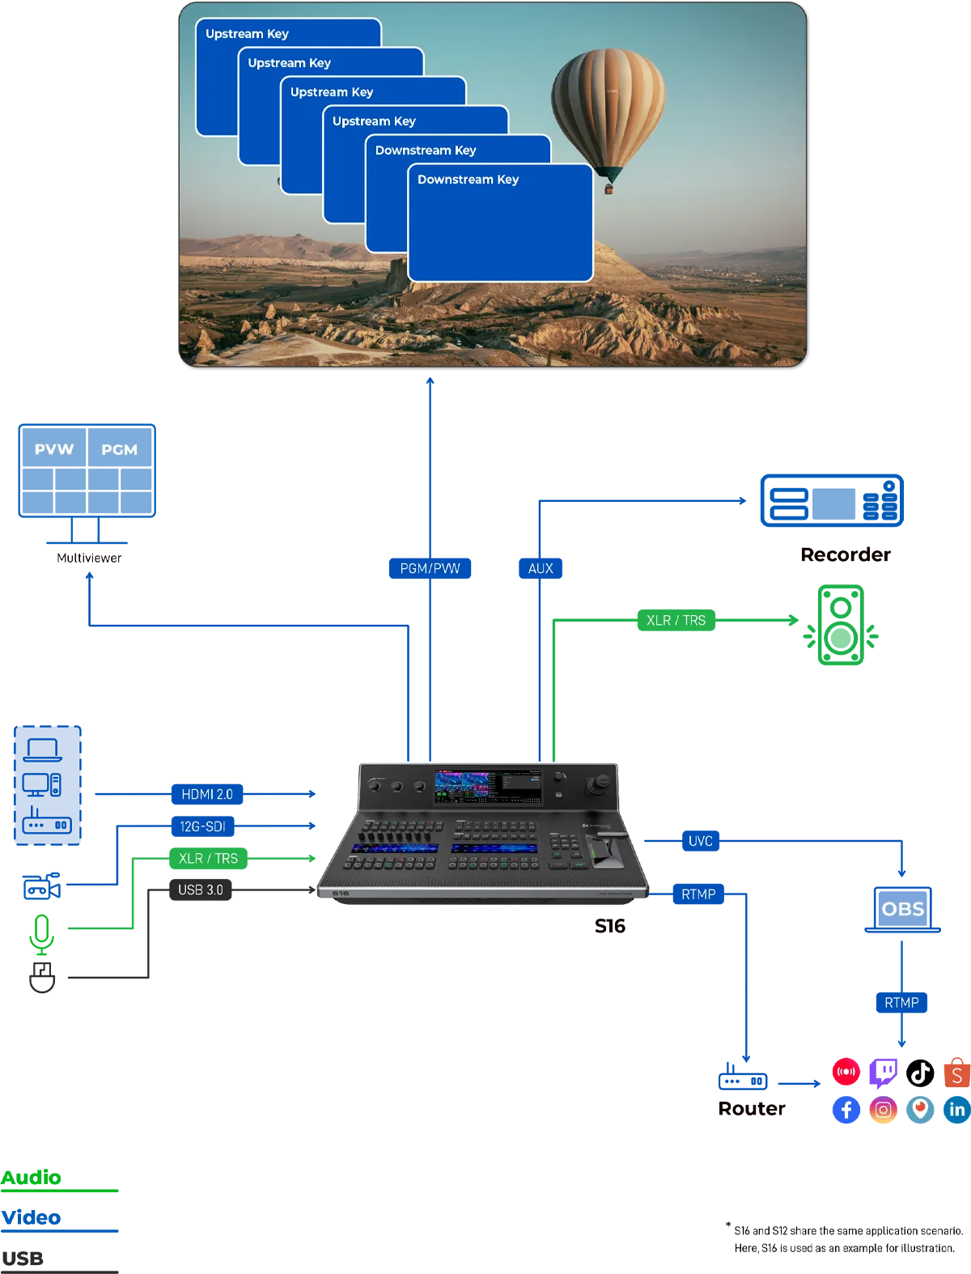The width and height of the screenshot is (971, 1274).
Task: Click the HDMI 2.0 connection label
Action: [x=207, y=793]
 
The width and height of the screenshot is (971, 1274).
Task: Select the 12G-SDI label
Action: [x=202, y=826]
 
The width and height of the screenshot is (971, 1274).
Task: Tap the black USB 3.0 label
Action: [x=200, y=890]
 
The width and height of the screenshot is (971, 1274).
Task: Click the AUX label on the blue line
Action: [x=540, y=568]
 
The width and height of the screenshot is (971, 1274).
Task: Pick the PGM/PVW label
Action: [x=430, y=568]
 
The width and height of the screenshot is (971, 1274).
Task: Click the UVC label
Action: [x=700, y=840]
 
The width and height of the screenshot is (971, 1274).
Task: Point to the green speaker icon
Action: [x=841, y=625]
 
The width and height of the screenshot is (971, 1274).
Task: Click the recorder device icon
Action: [x=832, y=500]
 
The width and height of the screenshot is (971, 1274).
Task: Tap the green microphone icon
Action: [x=42, y=935]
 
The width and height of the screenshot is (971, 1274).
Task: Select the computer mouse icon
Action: [x=42, y=978]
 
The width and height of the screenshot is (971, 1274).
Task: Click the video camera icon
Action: [x=42, y=886]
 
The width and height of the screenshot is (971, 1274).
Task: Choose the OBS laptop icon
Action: [x=902, y=910]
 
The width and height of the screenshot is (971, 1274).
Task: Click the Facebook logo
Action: [x=846, y=1110]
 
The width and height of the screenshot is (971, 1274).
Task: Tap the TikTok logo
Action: [x=920, y=1072]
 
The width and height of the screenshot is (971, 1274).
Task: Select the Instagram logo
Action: [x=883, y=1110]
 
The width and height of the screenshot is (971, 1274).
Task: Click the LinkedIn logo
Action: [x=957, y=1110]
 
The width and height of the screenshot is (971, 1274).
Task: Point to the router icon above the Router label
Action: [x=743, y=1077]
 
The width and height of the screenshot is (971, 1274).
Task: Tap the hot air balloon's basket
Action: [x=608, y=189]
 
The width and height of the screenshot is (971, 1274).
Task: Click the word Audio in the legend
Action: [x=31, y=1177]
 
